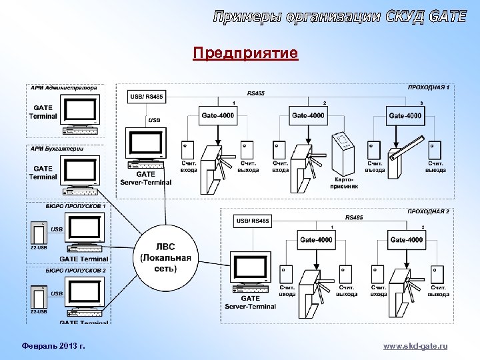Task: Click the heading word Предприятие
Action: pyautogui.click(x=245, y=53)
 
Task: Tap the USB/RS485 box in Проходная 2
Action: pyautogui.click(x=253, y=221)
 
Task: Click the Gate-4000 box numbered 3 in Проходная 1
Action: pyautogui.click(x=405, y=115)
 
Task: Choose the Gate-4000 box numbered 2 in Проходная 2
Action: pyautogui.click(x=407, y=240)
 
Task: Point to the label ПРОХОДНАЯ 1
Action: pyautogui.click(x=429, y=87)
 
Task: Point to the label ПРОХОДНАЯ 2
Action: pyautogui.click(x=429, y=211)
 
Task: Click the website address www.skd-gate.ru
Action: pyautogui.click(x=415, y=346)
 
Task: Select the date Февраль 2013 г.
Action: pyautogui.click(x=49, y=346)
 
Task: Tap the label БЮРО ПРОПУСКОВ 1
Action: pyautogui.click(x=76, y=207)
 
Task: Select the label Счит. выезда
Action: pyautogui.click(x=436, y=167)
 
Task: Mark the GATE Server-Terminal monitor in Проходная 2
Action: pyautogui.click(x=249, y=267)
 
